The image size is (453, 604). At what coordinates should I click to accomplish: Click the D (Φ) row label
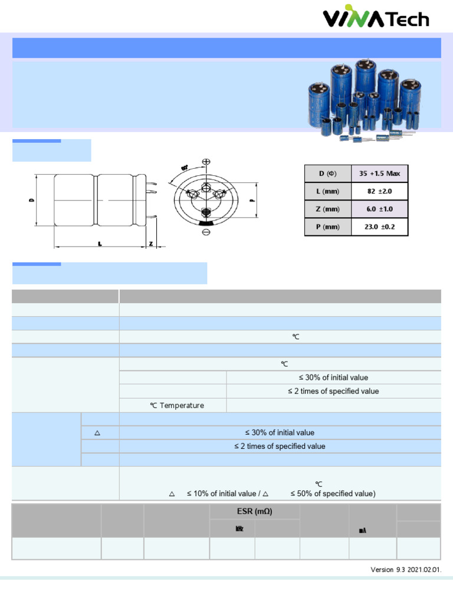click(x=327, y=173)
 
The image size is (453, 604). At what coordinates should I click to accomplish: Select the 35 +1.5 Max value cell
click(x=379, y=173)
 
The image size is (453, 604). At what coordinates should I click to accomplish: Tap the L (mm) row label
click(x=327, y=191)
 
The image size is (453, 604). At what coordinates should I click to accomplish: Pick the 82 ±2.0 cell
click(x=379, y=191)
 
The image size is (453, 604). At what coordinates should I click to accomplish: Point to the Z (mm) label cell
click(x=327, y=209)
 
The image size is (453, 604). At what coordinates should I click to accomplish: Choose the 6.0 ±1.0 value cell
click(x=379, y=209)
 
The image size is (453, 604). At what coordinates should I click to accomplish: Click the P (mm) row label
click(x=327, y=226)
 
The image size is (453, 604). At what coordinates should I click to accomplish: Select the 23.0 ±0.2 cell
click(x=379, y=226)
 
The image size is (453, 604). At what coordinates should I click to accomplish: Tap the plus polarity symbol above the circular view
click(x=206, y=162)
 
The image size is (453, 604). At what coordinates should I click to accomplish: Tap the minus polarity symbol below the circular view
click(x=206, y=233)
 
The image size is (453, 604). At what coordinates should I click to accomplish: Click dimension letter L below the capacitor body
click(x=99, y=244)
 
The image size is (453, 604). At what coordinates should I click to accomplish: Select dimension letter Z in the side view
click(x=151, y=244)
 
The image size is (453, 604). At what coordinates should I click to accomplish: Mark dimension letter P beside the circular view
click(x=252, y=201)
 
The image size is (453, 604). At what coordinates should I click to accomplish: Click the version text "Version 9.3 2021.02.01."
click(x=405, y=569)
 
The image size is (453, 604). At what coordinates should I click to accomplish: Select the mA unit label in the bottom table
click(x=363, y=530)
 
